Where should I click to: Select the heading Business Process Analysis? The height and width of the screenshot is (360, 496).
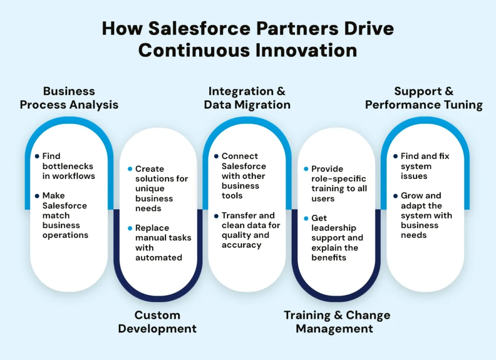pos(69,97)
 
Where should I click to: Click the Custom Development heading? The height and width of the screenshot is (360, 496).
pos(157,322)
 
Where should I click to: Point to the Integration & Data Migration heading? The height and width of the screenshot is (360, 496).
pos(247,97)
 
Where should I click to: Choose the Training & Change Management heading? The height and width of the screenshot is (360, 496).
pos(337,322)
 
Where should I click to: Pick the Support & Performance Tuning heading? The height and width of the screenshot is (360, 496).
pos(424,97)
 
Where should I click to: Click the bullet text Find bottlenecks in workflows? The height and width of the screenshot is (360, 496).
pos(68,166)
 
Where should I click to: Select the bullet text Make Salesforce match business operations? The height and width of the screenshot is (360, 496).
pos(65,215)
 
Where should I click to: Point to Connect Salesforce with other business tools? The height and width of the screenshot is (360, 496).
pos(244,176)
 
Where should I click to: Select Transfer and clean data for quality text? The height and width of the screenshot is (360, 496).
pos(250,230)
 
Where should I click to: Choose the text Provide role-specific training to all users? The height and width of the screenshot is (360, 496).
pos(339,184)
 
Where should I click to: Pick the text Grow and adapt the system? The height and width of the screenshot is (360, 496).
pos(426,215)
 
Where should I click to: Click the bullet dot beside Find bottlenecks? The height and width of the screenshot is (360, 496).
pos(37,157)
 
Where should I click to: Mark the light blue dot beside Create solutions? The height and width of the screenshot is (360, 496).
pos(130,169)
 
